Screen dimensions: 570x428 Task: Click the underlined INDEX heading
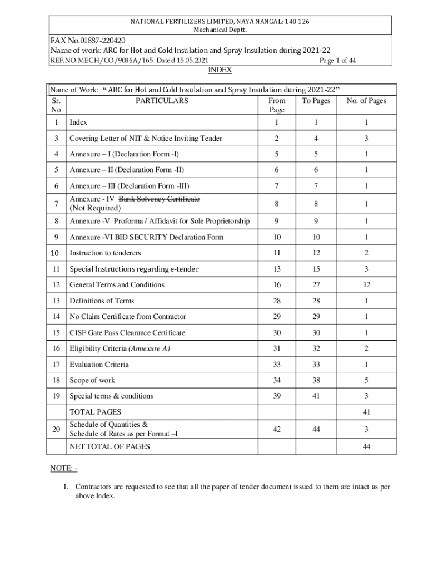tap(220, 70)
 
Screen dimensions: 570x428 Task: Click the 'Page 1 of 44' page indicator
tap(338, 60)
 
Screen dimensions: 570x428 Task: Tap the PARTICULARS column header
tap(162, 101)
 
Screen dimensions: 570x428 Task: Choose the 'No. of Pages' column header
tap(366, 101)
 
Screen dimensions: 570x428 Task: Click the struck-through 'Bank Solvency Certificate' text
tap(159, 199)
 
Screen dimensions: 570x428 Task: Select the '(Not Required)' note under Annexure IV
tap(95, 208)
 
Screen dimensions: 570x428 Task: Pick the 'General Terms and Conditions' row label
tap(117, 285)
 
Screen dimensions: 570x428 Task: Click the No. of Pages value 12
tap(366, 285)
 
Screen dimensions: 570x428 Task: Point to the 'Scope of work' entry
tap(92, 381)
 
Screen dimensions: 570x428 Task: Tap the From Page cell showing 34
tap(276, 381)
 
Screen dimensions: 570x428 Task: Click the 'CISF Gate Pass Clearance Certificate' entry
tap(127, 333)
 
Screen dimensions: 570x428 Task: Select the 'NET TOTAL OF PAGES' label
tap(110, 446)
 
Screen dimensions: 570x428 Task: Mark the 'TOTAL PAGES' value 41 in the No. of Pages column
tap(366, 412)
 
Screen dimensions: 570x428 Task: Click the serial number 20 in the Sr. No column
tap(56, 429)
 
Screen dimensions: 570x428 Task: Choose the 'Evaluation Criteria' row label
tap(99, 365)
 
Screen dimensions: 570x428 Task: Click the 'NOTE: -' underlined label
tap(64, 469)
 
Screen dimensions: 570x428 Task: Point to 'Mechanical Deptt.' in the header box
tap(220, 30)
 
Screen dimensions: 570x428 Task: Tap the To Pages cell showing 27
tap(316, 285)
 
